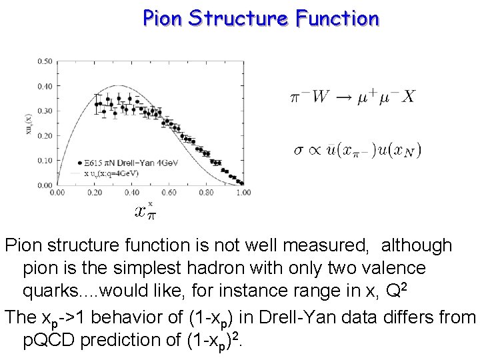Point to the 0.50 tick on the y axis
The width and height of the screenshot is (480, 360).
pos(45,61)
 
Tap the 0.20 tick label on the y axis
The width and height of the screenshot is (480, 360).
pos(45,136)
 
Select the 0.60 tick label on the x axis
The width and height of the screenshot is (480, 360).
pos(169,193)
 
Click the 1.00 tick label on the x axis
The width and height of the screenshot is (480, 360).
pos(243,193)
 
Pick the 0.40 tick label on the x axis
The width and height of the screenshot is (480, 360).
pos(131,193)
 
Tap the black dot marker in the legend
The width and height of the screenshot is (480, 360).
pos(80,162)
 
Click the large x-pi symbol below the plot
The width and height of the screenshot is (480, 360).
pos(145,213)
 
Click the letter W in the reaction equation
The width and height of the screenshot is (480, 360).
pos(320,97)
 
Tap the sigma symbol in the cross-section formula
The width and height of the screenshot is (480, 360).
pos(299,149)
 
